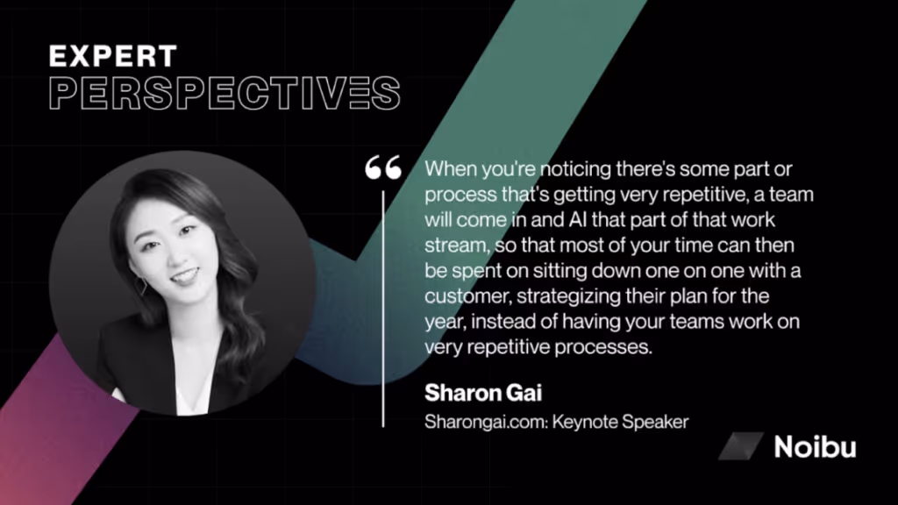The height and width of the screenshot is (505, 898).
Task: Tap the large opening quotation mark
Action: click(x=383, y=167)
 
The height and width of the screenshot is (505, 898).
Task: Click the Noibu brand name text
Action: click(x=814, y=447)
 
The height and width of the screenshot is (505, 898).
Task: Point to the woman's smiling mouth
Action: click(x=184, y=278)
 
